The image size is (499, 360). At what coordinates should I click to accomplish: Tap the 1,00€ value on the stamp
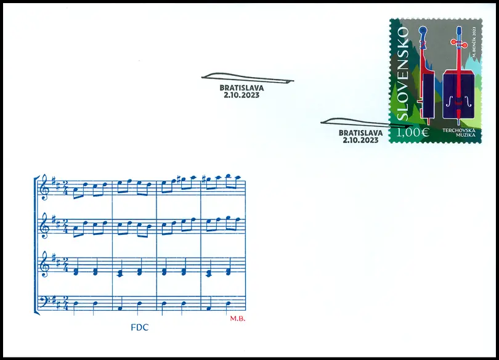(x=412, y=131)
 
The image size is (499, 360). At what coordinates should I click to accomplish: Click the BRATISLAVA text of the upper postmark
(x=241, y=88)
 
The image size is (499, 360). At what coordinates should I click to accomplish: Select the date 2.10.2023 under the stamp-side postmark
(x=360, y=140)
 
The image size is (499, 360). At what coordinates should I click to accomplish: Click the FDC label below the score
(x=139, y=327)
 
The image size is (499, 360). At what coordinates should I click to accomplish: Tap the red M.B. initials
(x=237, y=319)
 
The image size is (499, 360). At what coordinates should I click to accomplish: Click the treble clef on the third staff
(x=44, y=266)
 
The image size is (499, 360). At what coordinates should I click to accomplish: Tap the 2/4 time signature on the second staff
(x=65, y=226)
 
